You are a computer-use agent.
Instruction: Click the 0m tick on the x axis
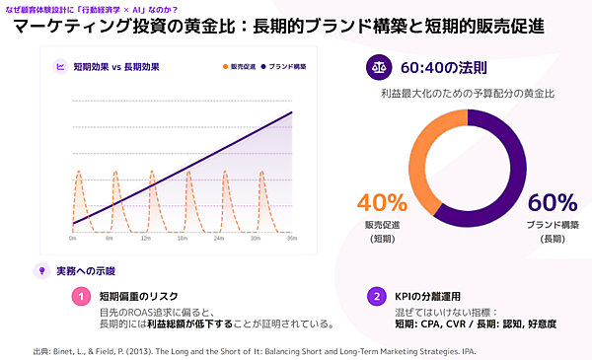point(73,238)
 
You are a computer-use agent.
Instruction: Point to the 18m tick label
point(182,238)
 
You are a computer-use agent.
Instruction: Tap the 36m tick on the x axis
point(292,238)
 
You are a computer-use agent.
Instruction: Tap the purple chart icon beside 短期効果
point(61,67)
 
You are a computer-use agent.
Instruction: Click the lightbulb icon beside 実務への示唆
point(41,269)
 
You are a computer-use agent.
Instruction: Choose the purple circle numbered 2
point(375,295)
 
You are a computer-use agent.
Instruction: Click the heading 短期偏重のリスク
point(140,295)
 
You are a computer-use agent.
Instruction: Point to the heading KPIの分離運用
point(427,295)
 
